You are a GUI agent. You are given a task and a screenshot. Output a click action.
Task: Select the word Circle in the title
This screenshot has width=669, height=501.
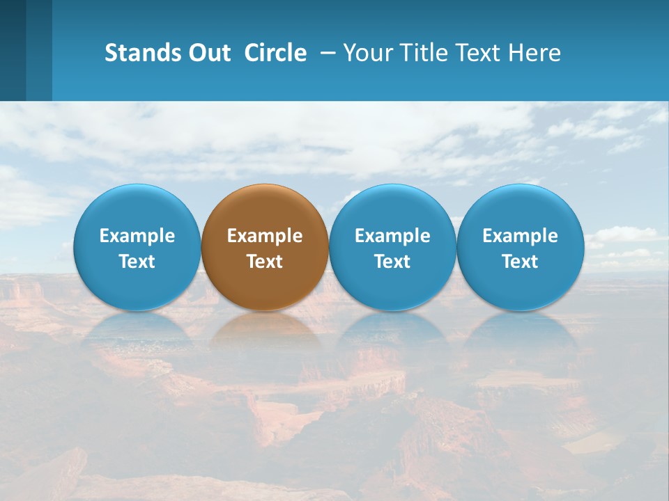[x=275, y=53]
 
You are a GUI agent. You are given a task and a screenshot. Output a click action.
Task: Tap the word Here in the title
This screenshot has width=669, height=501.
[x=535, y=53]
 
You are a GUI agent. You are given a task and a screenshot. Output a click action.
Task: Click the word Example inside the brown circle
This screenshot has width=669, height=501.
[x=265, y=236]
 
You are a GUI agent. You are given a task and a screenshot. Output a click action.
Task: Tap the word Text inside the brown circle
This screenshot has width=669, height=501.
[x=265, y=262]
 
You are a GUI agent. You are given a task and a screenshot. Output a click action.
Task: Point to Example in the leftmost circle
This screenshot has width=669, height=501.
[x=137, y=236]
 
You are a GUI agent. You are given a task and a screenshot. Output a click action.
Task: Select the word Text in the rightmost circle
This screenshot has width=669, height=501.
[x=521, y=262]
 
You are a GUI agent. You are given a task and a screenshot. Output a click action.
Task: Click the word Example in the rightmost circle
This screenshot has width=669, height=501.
[x=521, y=236]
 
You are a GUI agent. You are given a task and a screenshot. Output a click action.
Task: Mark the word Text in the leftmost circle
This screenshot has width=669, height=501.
[x=137, y=262]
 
